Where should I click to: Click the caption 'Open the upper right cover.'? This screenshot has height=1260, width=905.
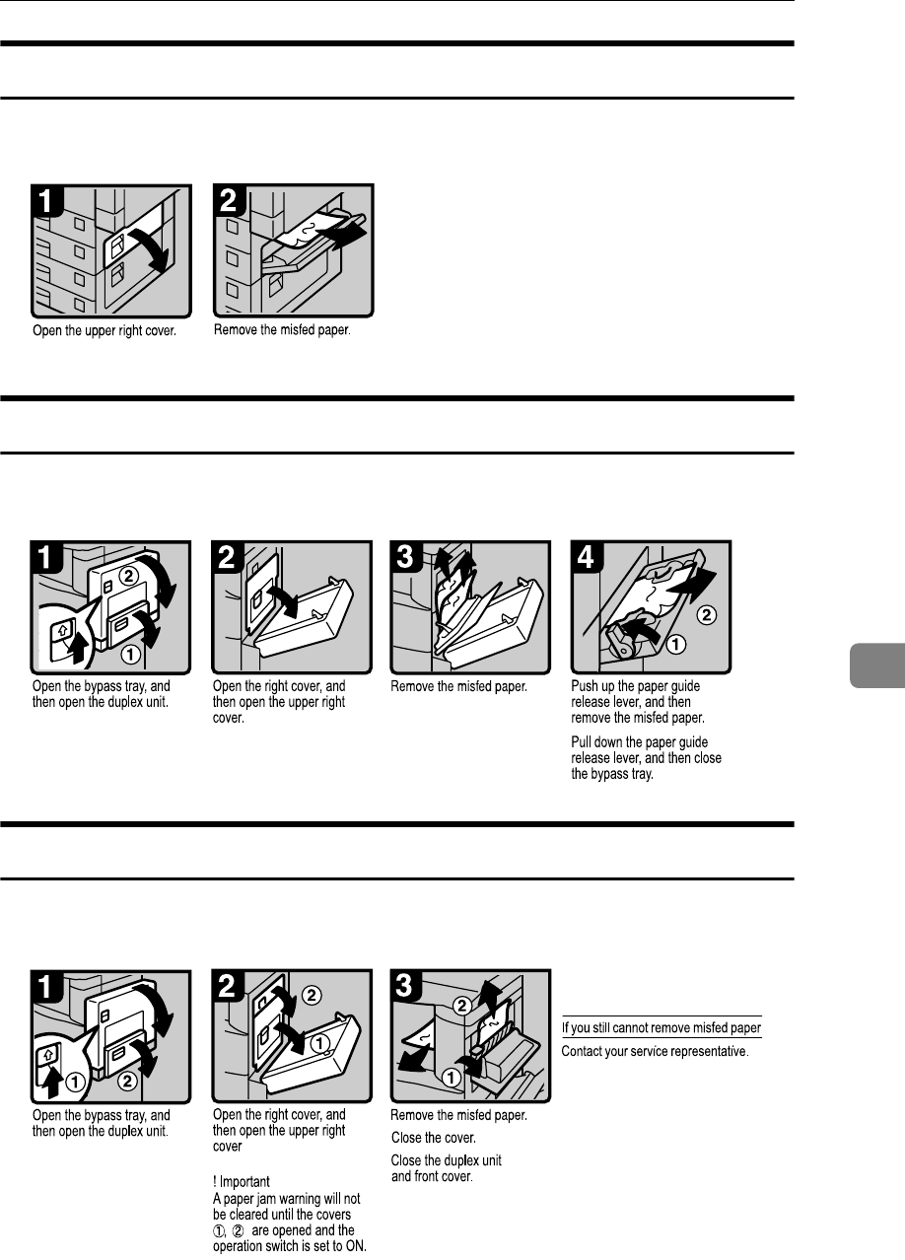[104, 330]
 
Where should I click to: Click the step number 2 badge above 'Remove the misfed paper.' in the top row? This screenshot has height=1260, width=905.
[229, 200]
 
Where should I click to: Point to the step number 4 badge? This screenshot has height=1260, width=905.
[587, 556]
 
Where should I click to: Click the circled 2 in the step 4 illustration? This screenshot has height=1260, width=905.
[707, 614]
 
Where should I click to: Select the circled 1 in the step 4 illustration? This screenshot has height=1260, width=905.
[675, 644]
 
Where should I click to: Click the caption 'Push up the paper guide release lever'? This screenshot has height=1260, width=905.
[636, 693]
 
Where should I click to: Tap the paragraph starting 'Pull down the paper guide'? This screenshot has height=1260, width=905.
[647, 758]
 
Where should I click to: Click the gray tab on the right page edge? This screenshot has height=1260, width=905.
[877, 665]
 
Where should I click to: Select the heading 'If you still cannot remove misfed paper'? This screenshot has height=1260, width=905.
[661, 1027]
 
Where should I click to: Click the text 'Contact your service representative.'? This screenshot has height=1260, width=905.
[656, 1051]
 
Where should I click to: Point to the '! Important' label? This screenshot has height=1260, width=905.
[242, 1181]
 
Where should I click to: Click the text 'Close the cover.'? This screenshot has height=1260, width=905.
[434, 1138]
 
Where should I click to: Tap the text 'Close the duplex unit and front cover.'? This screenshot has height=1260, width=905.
[446, 1168]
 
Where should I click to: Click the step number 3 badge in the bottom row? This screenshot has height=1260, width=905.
[405, 986]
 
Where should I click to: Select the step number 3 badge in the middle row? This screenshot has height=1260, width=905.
[405, 556]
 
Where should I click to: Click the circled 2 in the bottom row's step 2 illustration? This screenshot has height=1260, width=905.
[312, 995]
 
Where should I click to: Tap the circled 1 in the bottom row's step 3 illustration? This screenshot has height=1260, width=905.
[451, 1078]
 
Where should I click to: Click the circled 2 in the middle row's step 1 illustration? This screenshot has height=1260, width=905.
[128, 576]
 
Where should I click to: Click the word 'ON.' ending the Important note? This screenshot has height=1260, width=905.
[356, 1246]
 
